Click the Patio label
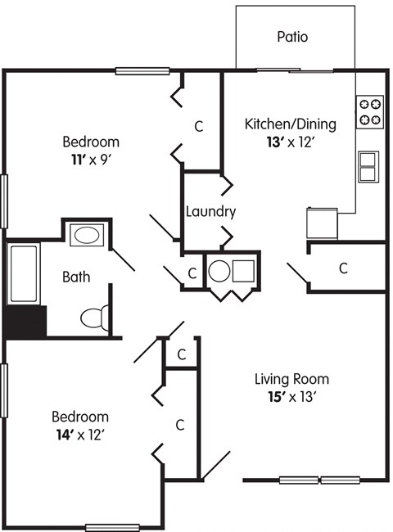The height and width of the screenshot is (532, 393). coord(292,37)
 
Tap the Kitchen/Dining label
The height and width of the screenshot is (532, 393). coord(291,124)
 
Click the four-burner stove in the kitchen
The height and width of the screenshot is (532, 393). coord(370,111)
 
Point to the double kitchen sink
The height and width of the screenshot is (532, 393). coord(369,166)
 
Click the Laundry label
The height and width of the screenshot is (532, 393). coord(210,211)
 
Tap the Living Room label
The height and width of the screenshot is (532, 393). coord(291,379)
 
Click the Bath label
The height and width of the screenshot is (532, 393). coord(77,277)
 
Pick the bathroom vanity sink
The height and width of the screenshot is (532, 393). coord(84,237)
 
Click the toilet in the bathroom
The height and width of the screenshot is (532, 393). coord(94,316)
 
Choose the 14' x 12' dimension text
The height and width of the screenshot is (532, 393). coord(80,434)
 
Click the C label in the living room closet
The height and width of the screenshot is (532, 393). coord(344,268)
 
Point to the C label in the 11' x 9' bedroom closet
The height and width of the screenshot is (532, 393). coord(198,126)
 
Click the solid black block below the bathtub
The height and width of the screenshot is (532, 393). coord(25,321)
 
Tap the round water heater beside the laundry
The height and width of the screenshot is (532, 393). coord(219,270)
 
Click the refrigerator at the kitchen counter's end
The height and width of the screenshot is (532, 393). coord(322,222)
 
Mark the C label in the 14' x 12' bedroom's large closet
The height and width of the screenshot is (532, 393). coord(179,424)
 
